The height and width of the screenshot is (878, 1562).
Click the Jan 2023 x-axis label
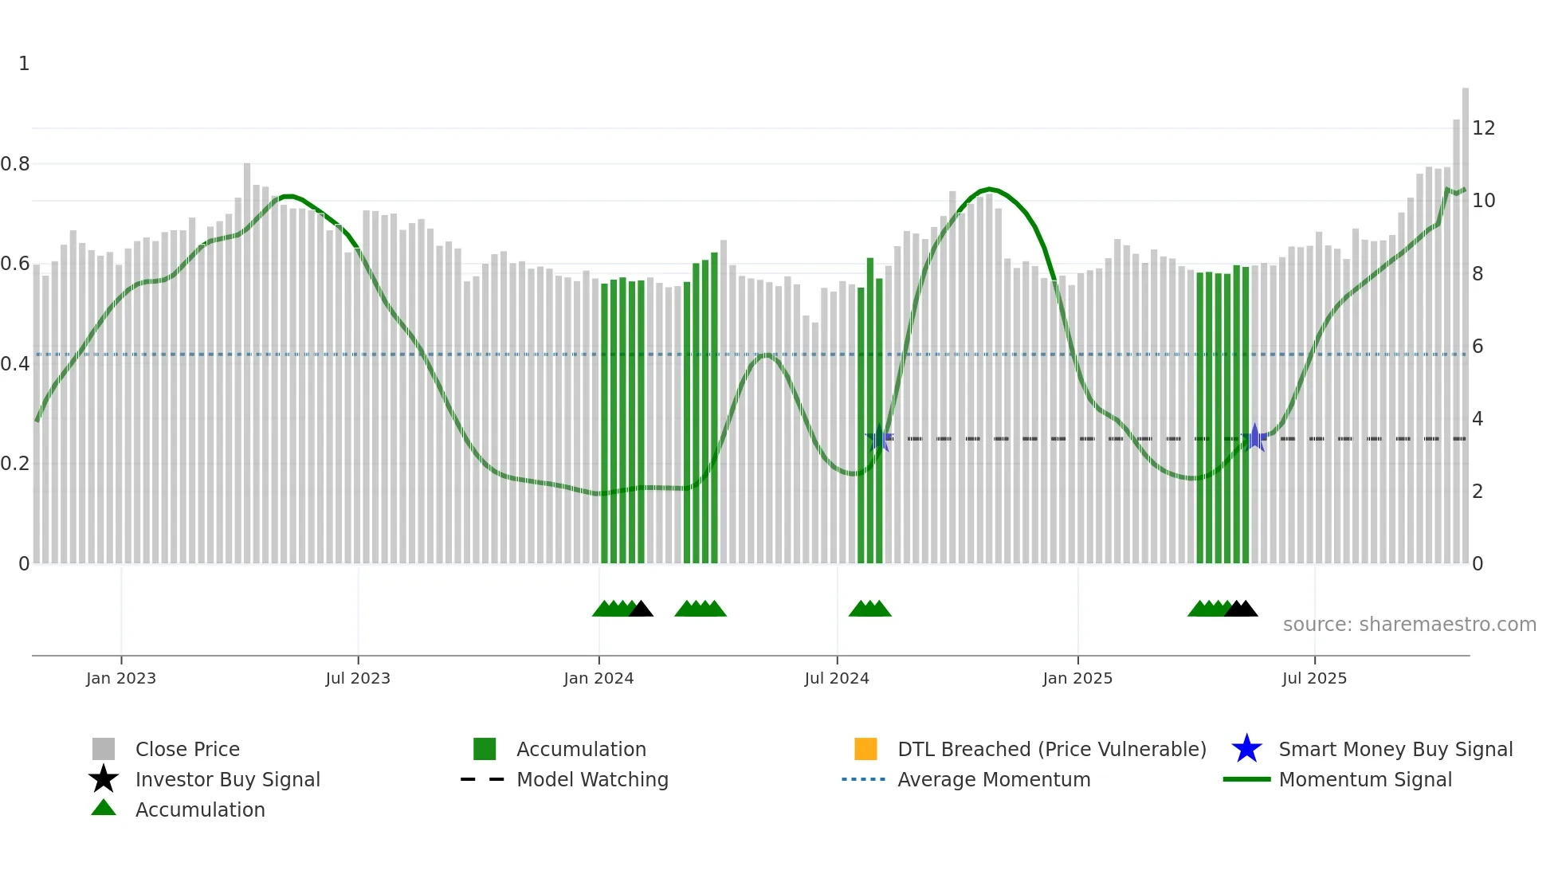121,678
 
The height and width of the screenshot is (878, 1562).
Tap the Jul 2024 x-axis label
837,678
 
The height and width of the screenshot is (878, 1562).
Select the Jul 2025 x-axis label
1314,678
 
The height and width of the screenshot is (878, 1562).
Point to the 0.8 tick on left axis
15,164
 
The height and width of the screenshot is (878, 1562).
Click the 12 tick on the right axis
1483,128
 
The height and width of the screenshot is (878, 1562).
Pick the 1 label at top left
24,64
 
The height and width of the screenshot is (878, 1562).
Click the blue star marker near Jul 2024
879,437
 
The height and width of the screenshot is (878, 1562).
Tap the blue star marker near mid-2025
1254,437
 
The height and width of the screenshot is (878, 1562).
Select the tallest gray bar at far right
1465,319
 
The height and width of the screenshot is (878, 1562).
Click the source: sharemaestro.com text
1409,625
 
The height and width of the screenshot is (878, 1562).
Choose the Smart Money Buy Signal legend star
1246,749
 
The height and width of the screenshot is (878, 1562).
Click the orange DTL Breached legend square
865,749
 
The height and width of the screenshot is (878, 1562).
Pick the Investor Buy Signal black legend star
104,779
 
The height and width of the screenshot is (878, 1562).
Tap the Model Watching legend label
592,779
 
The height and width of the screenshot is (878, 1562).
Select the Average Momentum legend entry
993,779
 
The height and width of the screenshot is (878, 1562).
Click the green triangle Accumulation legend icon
104,809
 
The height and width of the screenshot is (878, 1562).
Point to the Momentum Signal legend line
1246,779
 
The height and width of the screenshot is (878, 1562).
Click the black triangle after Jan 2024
641,610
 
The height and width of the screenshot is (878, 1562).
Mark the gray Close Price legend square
104,749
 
